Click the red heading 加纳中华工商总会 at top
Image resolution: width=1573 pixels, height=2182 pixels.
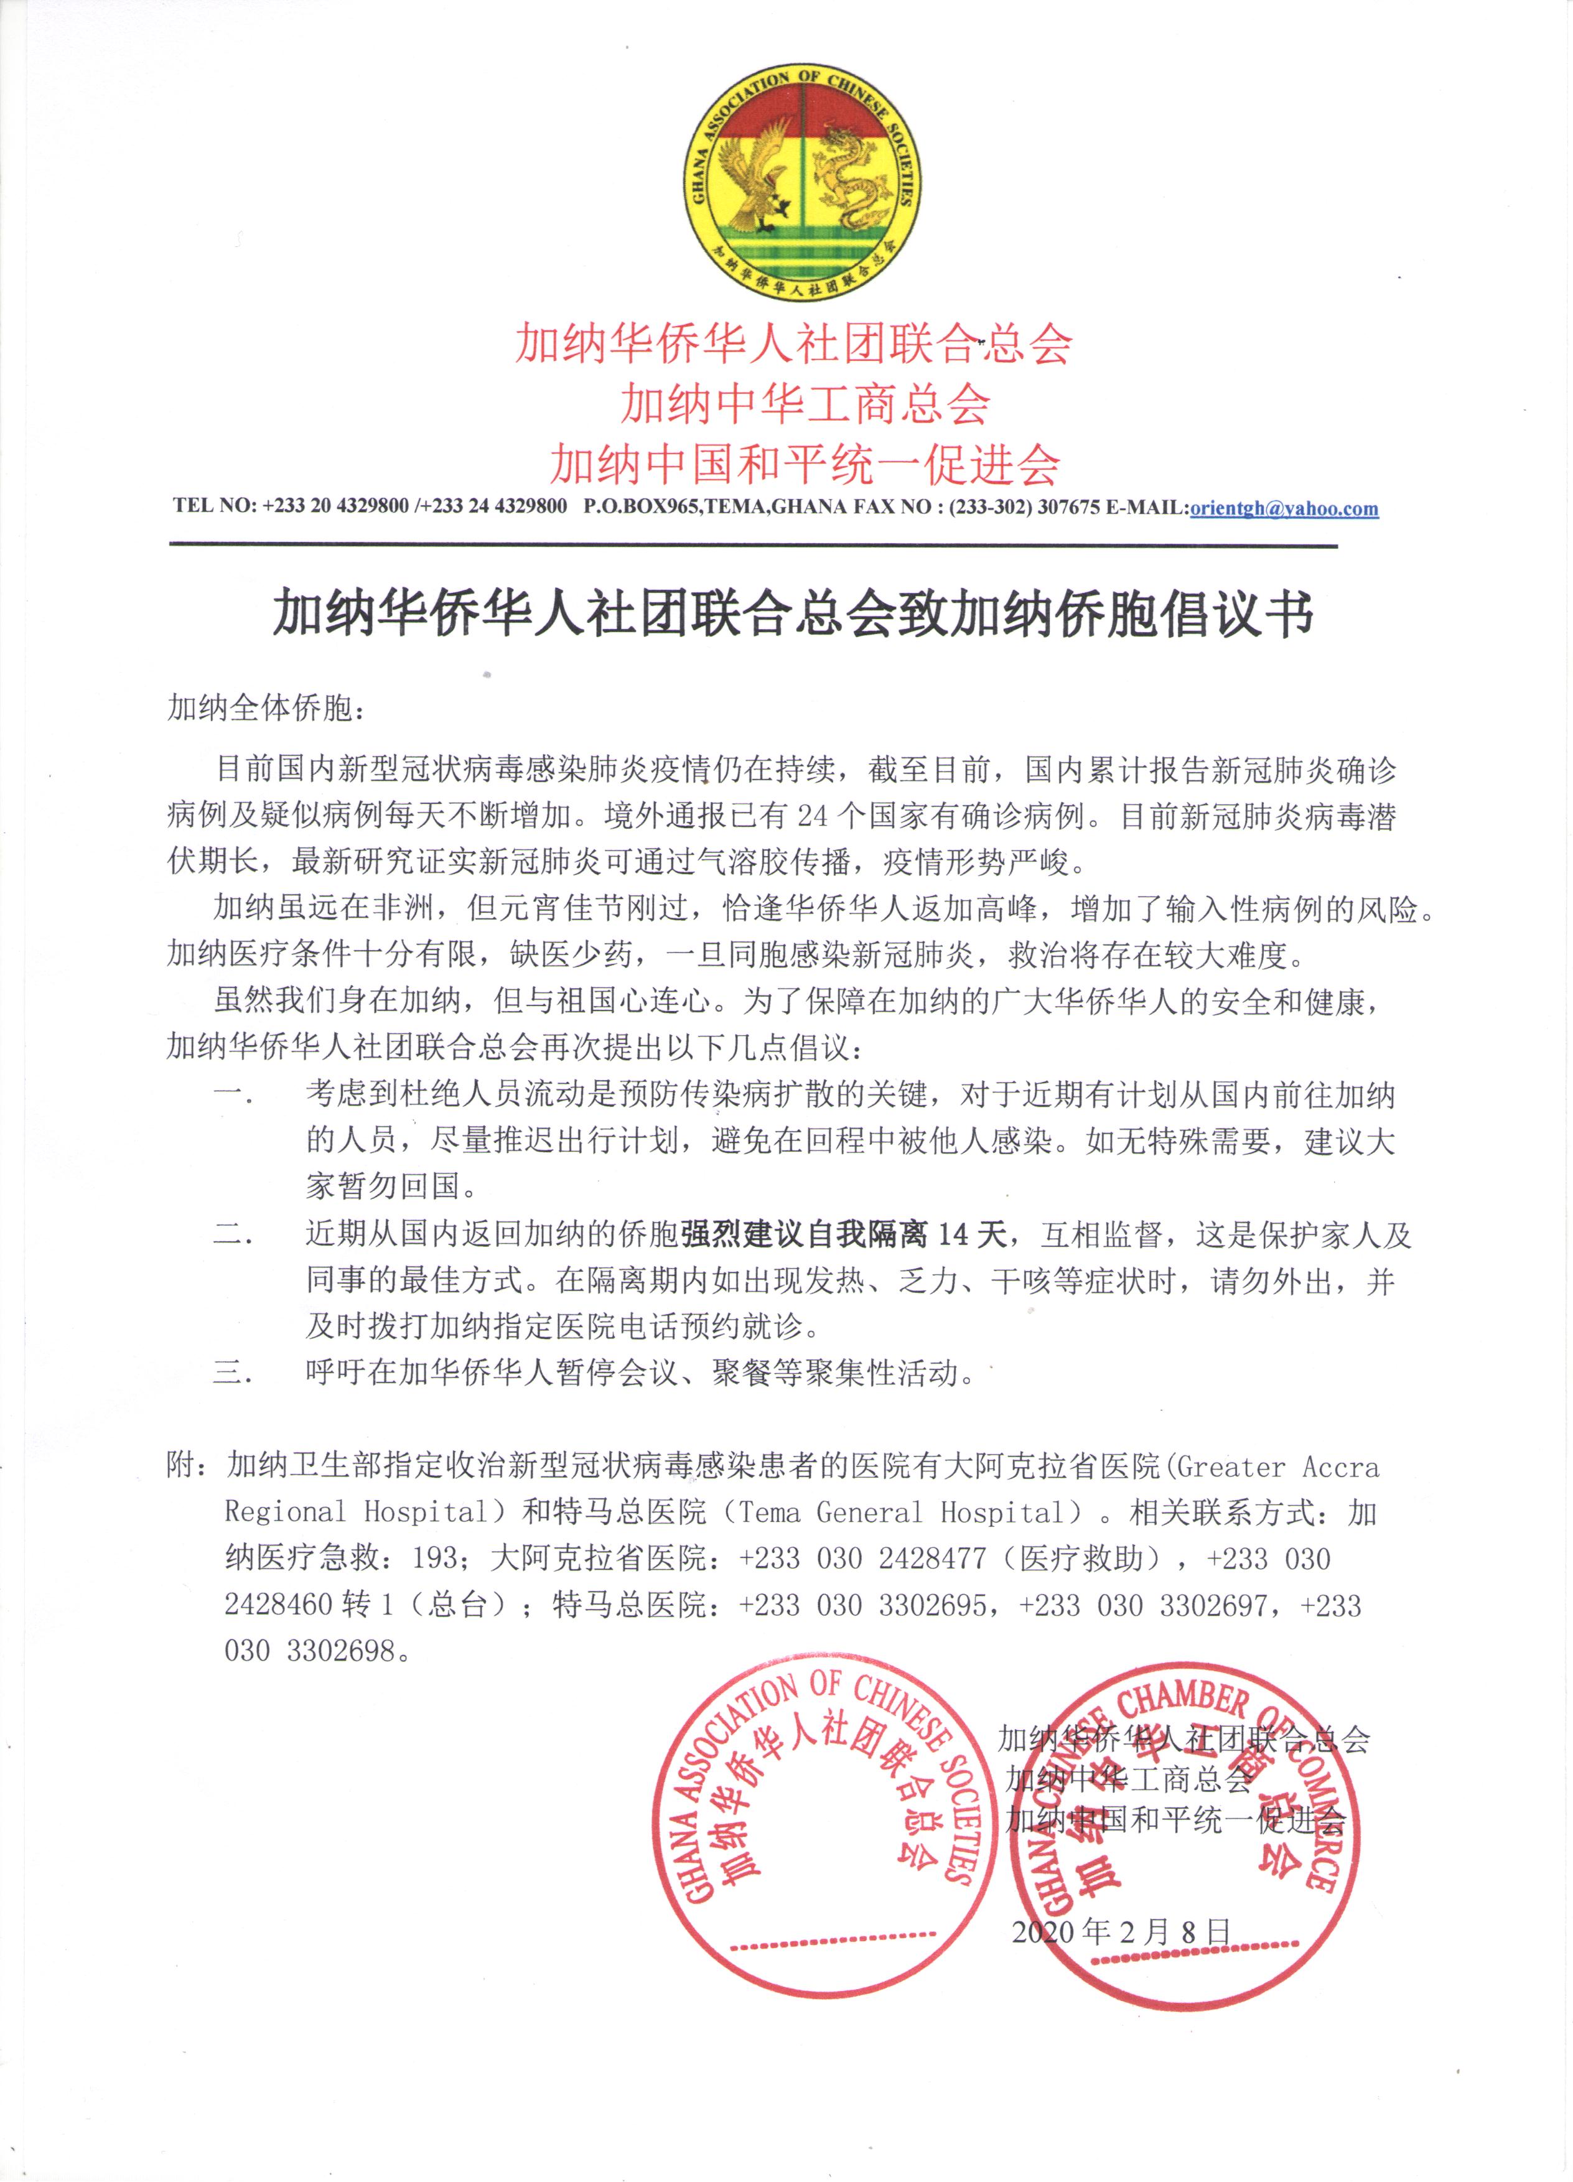click(x=805, y=403)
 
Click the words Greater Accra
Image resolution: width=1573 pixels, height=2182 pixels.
click(x=1277, y=1466)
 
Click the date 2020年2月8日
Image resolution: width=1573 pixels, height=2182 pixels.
click(x=1121, y=1930)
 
